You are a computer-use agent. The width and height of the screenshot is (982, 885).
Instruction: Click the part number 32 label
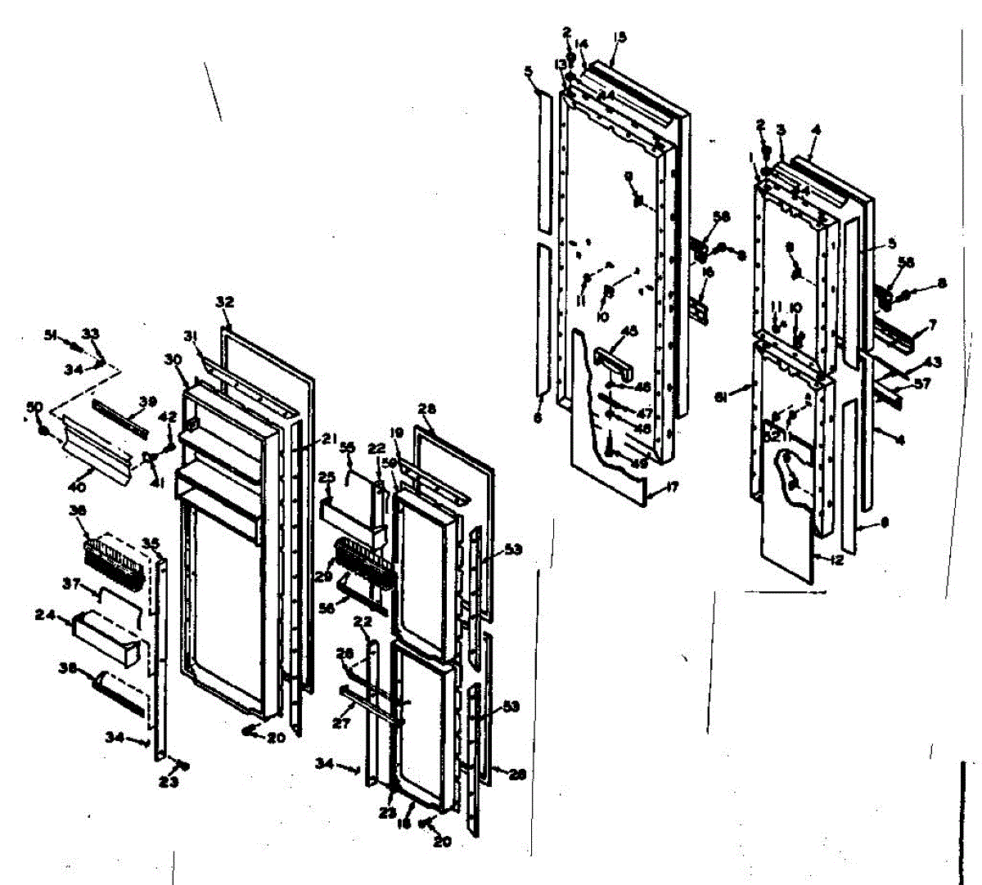pyautogui.click(x=224, y=302)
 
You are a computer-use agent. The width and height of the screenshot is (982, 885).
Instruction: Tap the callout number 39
pyautogui.click(x=147, y=401)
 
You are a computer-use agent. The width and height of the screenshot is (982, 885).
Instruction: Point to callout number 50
pyautogui.click(x=35, y=407)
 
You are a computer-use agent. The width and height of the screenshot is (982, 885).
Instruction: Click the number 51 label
pyautogui.click(x=51, y=334)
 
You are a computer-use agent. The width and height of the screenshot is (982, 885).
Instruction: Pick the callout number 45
pyautogui.click(x=629, y=331)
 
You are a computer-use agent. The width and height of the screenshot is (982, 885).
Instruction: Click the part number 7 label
pyautogui.click(x=932, y=326)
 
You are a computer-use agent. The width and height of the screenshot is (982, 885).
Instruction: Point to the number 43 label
pyautogui.click(x=933, y=362)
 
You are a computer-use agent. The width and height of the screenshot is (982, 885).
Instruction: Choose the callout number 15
pyautogui.click(x=619, y=36)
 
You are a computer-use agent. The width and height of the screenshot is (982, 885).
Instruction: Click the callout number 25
pyautogui.click(x=327, y=476)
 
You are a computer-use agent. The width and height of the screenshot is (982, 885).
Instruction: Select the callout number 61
pyautogui.click(x=721, y=398)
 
